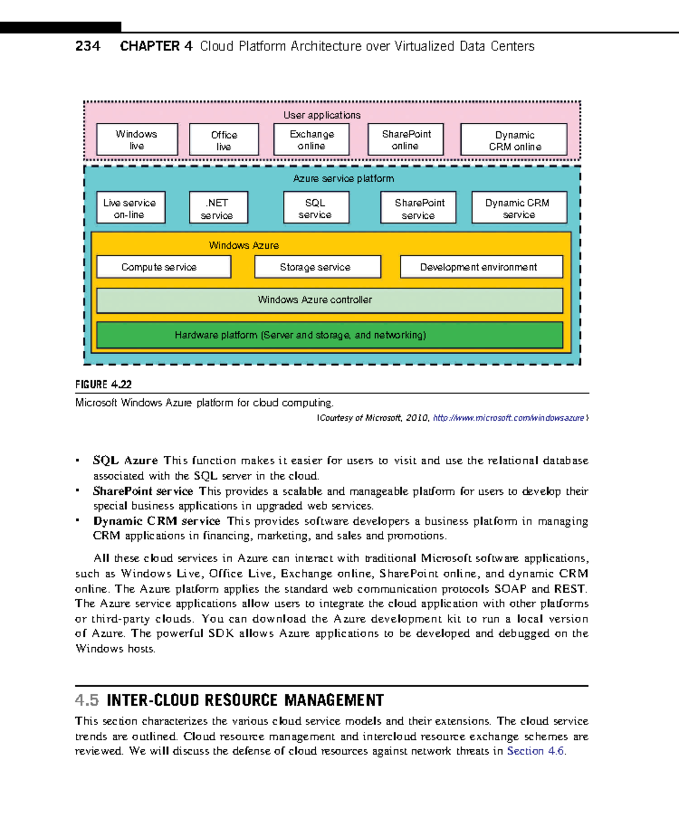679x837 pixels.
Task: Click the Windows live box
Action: (137, 140)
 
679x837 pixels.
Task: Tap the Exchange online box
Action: (312, 140)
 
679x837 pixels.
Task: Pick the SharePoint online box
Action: (406, 140)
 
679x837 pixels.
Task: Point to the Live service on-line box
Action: (131, 208)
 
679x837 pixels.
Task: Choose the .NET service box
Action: (218, 208)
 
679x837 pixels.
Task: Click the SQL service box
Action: (316, 208)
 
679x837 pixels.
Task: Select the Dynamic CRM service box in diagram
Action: (519, 208)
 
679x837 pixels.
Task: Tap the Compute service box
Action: (164, 267)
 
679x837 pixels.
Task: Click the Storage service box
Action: (317, 267)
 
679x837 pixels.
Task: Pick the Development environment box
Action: (481, 267)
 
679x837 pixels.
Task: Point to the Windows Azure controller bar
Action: (329, 300)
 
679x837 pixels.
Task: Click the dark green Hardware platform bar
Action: (329, 335)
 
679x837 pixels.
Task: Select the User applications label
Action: (322, 115)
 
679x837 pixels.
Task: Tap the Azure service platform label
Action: (343, 178)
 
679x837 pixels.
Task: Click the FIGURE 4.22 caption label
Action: (104, 385)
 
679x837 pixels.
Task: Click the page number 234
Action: (88, 46)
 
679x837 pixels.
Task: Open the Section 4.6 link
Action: (535, 751)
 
